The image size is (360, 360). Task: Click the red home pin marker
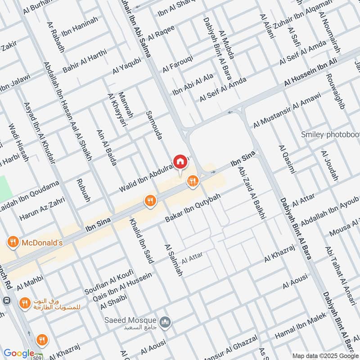pos(180,162)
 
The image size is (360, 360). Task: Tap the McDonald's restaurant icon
pos(13,243)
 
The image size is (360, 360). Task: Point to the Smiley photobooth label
pos(330,135)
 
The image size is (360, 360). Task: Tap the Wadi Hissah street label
pos(18,143)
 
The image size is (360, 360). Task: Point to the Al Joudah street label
pos(329,165)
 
